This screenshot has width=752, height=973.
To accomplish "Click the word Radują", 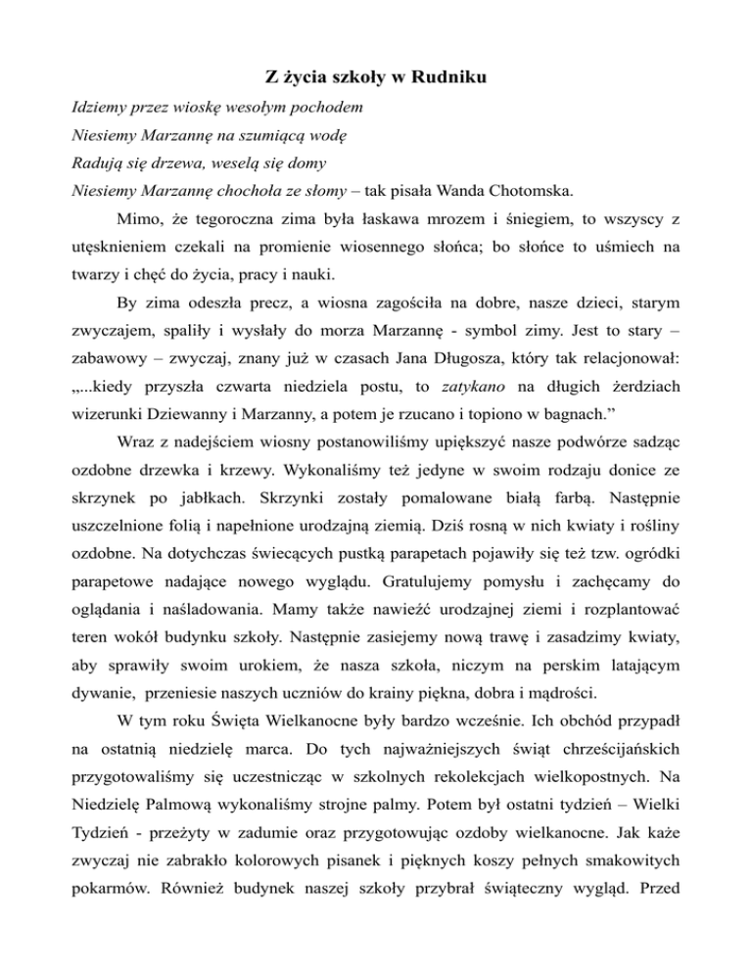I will point(99,160).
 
